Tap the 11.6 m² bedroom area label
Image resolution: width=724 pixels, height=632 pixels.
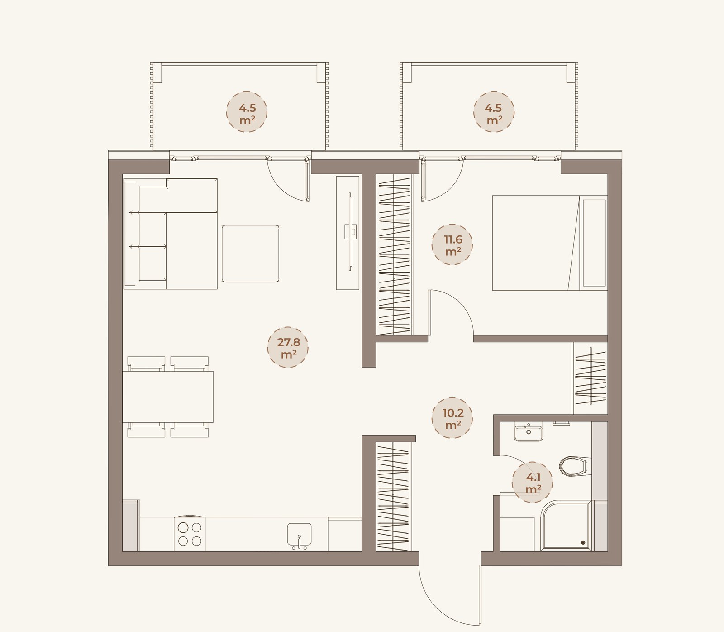click(x=452, y=245)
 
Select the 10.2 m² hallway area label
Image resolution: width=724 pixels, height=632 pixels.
click(x=452, y=418)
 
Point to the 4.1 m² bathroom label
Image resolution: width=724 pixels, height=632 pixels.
click(x=533, y=483)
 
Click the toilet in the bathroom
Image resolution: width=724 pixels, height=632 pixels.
click(x=573, y=466)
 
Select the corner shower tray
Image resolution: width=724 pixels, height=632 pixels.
click(x=566, y=526)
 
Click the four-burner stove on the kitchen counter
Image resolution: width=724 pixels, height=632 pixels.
click(x=190, y=534)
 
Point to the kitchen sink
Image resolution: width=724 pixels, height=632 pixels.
click(x=299, y=535)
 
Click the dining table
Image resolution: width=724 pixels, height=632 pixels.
click(x=168, y=397)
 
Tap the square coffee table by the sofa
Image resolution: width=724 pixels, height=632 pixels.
click(x=250, y=254)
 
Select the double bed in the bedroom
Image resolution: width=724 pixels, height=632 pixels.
click(x=549, y=243)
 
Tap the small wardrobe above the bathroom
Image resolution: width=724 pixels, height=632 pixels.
click(x=590, y=378)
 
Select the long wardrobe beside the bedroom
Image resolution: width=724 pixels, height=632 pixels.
click(x=394, y=254)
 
